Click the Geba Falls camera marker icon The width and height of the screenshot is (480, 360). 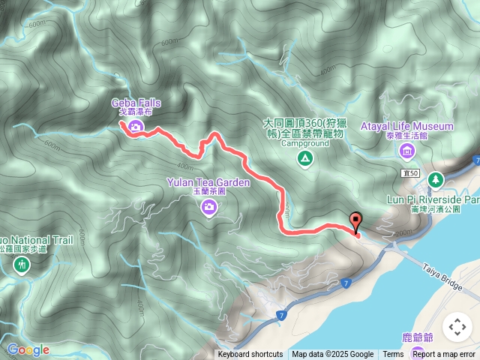coord(135,127)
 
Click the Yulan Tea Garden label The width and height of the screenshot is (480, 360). coord(208,181)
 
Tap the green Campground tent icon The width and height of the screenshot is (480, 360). coord(304,158)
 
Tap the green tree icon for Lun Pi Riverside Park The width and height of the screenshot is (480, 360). coord(435,180)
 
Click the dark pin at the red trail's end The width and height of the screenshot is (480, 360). coord(355,221)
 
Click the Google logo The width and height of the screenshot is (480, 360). coord(28,349)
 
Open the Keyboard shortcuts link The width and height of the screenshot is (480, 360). coord(250,355)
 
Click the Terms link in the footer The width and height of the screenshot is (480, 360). coord(393,355)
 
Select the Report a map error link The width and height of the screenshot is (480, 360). coord(445,355)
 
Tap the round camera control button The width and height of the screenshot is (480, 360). coord(457,327)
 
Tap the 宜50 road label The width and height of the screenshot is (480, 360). coord(409,173)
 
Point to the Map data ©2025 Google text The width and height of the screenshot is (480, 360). coord(333,355)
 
